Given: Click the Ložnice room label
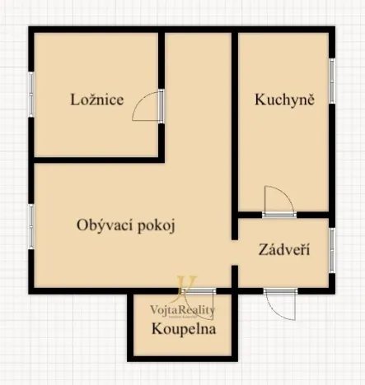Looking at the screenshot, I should click(96, 100).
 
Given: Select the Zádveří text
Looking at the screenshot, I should click(283, 249).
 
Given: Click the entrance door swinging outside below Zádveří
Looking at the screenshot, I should click(280, 306).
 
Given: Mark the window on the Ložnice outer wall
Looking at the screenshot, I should click(31, 97).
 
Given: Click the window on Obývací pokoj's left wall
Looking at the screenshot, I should click(31, 226).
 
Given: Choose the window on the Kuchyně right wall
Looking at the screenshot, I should click(332, 82).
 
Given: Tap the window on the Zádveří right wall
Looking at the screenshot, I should click(332, 249).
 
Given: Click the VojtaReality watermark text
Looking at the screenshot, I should click(182, 310).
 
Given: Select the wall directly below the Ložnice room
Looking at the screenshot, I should click(97, 159).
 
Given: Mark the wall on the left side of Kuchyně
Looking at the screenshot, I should click(235, 123).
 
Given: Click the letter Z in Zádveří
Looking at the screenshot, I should click(263, 249).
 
